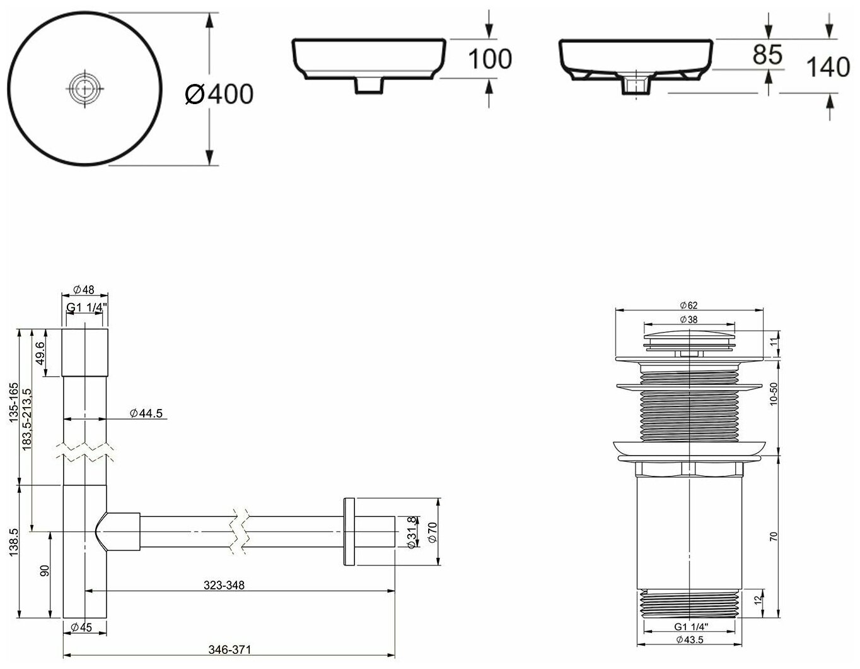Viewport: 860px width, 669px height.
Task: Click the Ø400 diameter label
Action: pos(219,94)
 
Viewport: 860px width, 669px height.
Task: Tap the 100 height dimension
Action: pos(490,59)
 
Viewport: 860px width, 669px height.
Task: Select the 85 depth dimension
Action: pos(767,55)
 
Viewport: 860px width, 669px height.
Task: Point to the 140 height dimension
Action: pos(828,66)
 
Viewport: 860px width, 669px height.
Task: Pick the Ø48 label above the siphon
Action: pos(84,290)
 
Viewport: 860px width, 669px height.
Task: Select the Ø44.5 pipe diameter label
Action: pos(146,413)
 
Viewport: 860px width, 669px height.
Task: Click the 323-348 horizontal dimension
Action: pos(224,585)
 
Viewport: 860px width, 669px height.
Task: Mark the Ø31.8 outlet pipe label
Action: pos(411,532)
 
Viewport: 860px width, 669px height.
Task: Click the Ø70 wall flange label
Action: pos(431,532)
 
